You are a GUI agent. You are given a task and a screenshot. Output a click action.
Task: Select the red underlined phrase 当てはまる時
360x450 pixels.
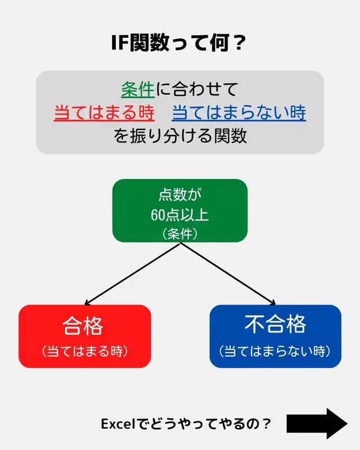coord(104,112)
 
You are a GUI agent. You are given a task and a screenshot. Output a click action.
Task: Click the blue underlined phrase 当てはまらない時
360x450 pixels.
coord(239,112)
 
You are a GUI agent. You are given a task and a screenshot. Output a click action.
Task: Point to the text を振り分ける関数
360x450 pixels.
coord(180,136)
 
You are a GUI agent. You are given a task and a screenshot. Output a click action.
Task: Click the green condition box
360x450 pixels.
coord(180,210)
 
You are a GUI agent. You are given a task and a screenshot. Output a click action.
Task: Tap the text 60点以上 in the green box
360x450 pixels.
coord(179,214)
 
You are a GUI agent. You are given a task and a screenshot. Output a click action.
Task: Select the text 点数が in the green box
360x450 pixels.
coord(179,195)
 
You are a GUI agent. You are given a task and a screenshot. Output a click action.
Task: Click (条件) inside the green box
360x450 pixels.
coord(179,232)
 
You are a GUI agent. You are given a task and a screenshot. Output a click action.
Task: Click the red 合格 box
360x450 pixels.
coord(85,336)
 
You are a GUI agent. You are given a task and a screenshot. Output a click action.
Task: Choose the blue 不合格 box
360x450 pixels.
coord(275,336)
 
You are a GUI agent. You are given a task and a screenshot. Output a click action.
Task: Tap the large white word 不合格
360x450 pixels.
coord(275,325)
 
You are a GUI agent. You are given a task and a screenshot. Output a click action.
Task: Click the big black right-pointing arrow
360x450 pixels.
coord(317,424)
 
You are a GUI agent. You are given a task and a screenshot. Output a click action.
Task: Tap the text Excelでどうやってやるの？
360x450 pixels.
coord(186,424)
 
